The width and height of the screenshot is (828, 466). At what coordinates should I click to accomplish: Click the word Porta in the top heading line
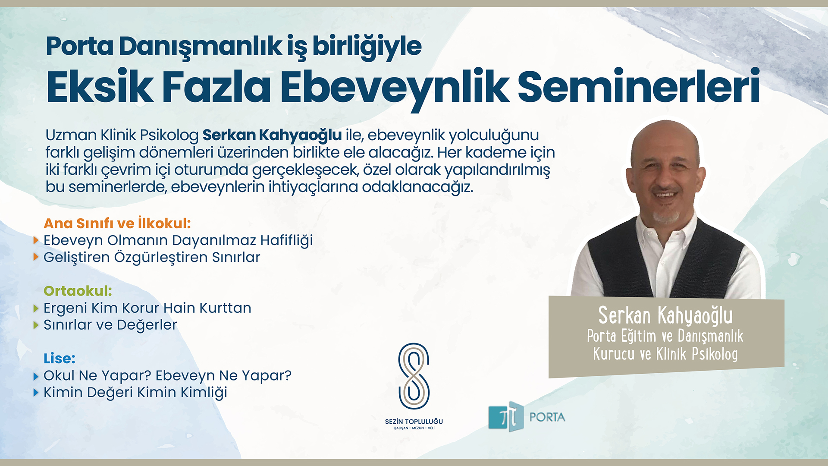(x=79, y=46)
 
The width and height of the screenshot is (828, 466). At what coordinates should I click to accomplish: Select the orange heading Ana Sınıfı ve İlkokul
(x=117, y=223)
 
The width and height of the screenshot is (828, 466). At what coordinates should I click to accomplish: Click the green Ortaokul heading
(x=78, y=291)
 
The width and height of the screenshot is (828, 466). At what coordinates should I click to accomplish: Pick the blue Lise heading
(x=60, y=358)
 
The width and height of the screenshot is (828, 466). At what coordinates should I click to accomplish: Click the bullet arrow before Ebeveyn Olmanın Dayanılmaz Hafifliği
(x=36, y=240)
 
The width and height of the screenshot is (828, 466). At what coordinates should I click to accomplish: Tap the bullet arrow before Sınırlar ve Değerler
(x=36, y=325)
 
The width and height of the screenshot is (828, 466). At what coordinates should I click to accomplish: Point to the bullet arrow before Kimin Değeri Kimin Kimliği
(x=36, y=393)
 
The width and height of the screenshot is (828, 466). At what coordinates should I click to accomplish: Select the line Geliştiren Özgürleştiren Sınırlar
(x=152, y=257)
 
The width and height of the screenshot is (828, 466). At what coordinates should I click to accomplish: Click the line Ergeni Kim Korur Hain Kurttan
(x=147, y=308)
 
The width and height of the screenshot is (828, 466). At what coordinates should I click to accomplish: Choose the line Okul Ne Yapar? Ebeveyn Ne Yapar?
(x=167, y=375)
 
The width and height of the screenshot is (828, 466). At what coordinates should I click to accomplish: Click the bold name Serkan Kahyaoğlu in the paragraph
(x=272, y=135)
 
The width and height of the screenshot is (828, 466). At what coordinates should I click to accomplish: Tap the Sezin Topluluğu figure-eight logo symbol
(x=414, y=376)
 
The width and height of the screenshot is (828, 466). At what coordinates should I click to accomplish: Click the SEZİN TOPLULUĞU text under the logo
(x=414, y=422)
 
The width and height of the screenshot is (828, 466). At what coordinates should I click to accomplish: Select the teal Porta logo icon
(x=506, y=416)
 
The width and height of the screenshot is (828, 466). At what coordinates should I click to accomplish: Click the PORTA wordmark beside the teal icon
(x=547, y=417)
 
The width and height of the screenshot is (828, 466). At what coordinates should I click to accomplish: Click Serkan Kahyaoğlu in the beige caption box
(x=665, y=315)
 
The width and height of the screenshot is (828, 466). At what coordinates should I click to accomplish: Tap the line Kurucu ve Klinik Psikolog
(x=665, y=354)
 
